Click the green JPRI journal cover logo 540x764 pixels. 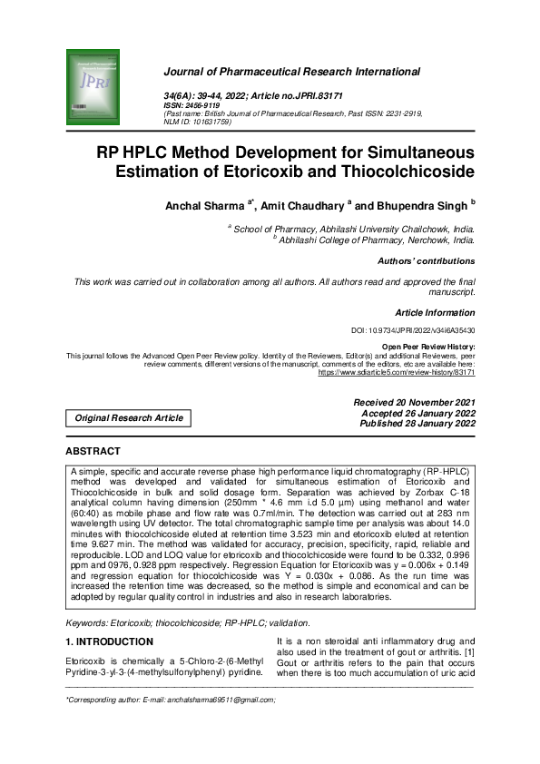click(93, 86)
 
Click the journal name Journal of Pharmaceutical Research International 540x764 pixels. click(290, 72)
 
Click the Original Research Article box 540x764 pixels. click(128, 418)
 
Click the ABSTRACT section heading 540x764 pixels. click(93, 451)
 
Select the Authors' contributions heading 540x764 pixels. click(427, 261)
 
